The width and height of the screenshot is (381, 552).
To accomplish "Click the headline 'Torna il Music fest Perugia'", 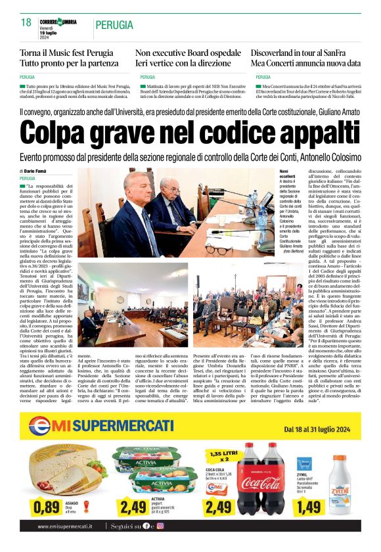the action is point(66,52).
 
